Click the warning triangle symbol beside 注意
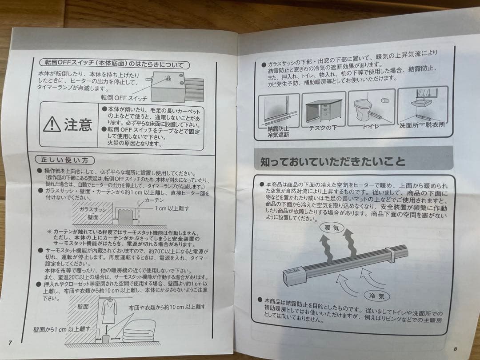click(52, 125)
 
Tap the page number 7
click(10, 342)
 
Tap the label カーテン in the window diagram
click(154, 201)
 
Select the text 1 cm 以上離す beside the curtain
click(172, 208)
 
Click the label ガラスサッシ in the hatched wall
click(93, 209)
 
